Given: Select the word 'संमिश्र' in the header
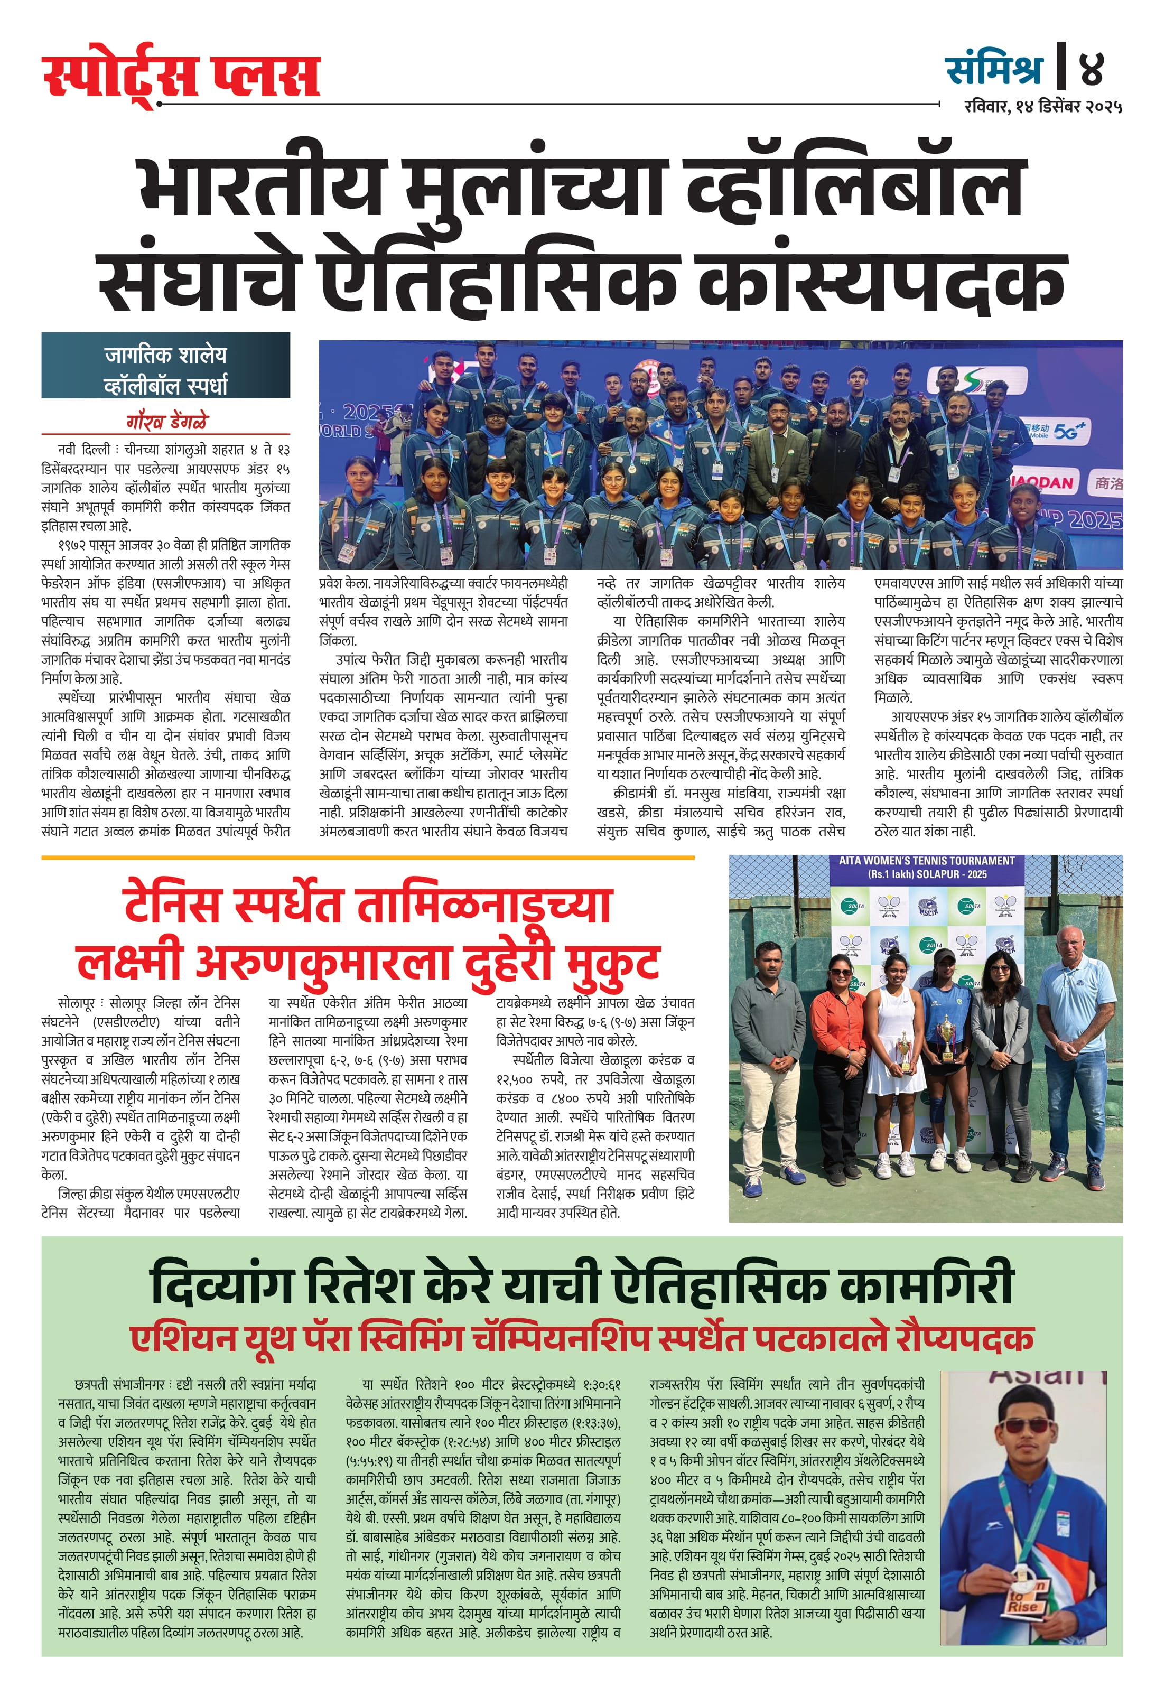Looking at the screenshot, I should point(994,69).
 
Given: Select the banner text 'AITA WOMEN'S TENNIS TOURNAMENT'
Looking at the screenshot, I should point(926,860).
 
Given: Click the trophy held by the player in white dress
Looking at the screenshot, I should point(905,1051).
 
